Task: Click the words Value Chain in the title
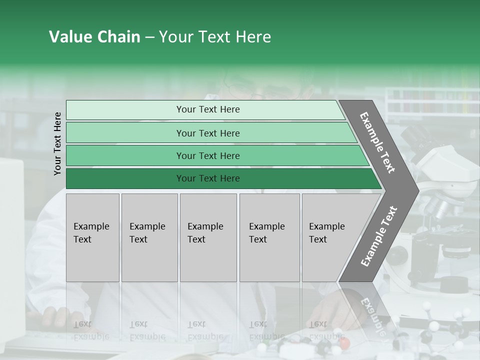(x=94, y=37)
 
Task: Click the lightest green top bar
(x=207, y=109)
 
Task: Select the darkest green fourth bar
(x=207, y=178)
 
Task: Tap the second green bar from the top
(x=207, y=133)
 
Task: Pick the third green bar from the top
(x=207, y=155)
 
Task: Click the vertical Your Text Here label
(x=57, y=143)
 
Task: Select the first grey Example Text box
(x=92, y=237)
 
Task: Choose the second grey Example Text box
(x=149, y=237)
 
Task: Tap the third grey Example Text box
(x=208, y=237)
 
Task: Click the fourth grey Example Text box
(x=269, y=237)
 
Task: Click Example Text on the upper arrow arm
(x=377, y=142)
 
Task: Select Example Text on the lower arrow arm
(x=378, y=236)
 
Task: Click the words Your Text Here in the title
(x=215, y=37)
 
